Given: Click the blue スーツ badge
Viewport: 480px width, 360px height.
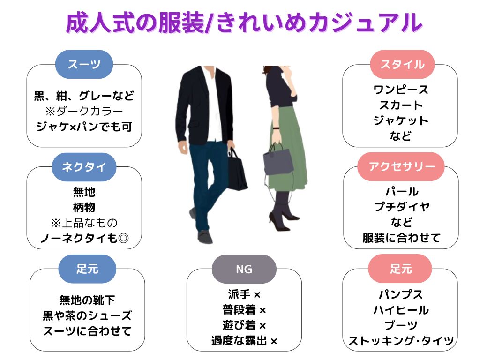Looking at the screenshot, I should (84, 64).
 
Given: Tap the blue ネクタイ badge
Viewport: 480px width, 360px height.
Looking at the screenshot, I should (84, 167).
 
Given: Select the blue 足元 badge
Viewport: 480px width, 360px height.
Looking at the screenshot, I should (87, 269).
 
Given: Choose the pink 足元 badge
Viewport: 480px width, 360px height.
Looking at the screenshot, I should (400, 269).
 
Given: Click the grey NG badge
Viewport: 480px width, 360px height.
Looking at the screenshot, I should (244, 269).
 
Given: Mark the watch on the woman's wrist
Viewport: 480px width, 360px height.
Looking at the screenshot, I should (277, 128).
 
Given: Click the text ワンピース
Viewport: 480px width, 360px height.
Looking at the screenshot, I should (401, 90).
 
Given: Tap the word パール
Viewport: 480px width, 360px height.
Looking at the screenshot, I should (401, 192).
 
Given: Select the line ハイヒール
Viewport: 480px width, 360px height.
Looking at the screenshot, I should (401, 310).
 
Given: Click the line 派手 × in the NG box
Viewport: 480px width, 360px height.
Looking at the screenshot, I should (244, 295).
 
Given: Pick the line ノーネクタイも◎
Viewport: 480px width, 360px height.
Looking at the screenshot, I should (84, 239).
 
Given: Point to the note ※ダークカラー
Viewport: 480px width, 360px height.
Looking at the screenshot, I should (84, 111).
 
